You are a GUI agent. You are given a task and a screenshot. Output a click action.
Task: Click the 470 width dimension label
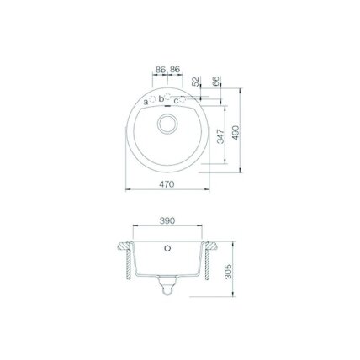coord(167,184)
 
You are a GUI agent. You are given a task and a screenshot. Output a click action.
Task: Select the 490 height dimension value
coord(236,133)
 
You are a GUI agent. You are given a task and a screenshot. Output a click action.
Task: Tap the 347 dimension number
coord(221,136)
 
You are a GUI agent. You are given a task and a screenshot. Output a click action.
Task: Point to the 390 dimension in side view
coord(167,220)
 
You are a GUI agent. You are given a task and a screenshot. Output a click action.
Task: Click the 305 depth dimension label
coord(229,272)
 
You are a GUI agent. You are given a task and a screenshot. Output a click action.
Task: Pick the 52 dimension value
coord(196,82)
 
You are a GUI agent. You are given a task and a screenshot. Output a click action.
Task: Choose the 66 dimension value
coord(216,81)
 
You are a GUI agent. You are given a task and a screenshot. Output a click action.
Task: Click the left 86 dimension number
coord(161,70)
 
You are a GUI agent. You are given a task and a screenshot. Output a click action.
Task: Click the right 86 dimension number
coord(175,70)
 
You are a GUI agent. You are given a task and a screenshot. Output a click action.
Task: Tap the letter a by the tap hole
coord(146,102)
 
